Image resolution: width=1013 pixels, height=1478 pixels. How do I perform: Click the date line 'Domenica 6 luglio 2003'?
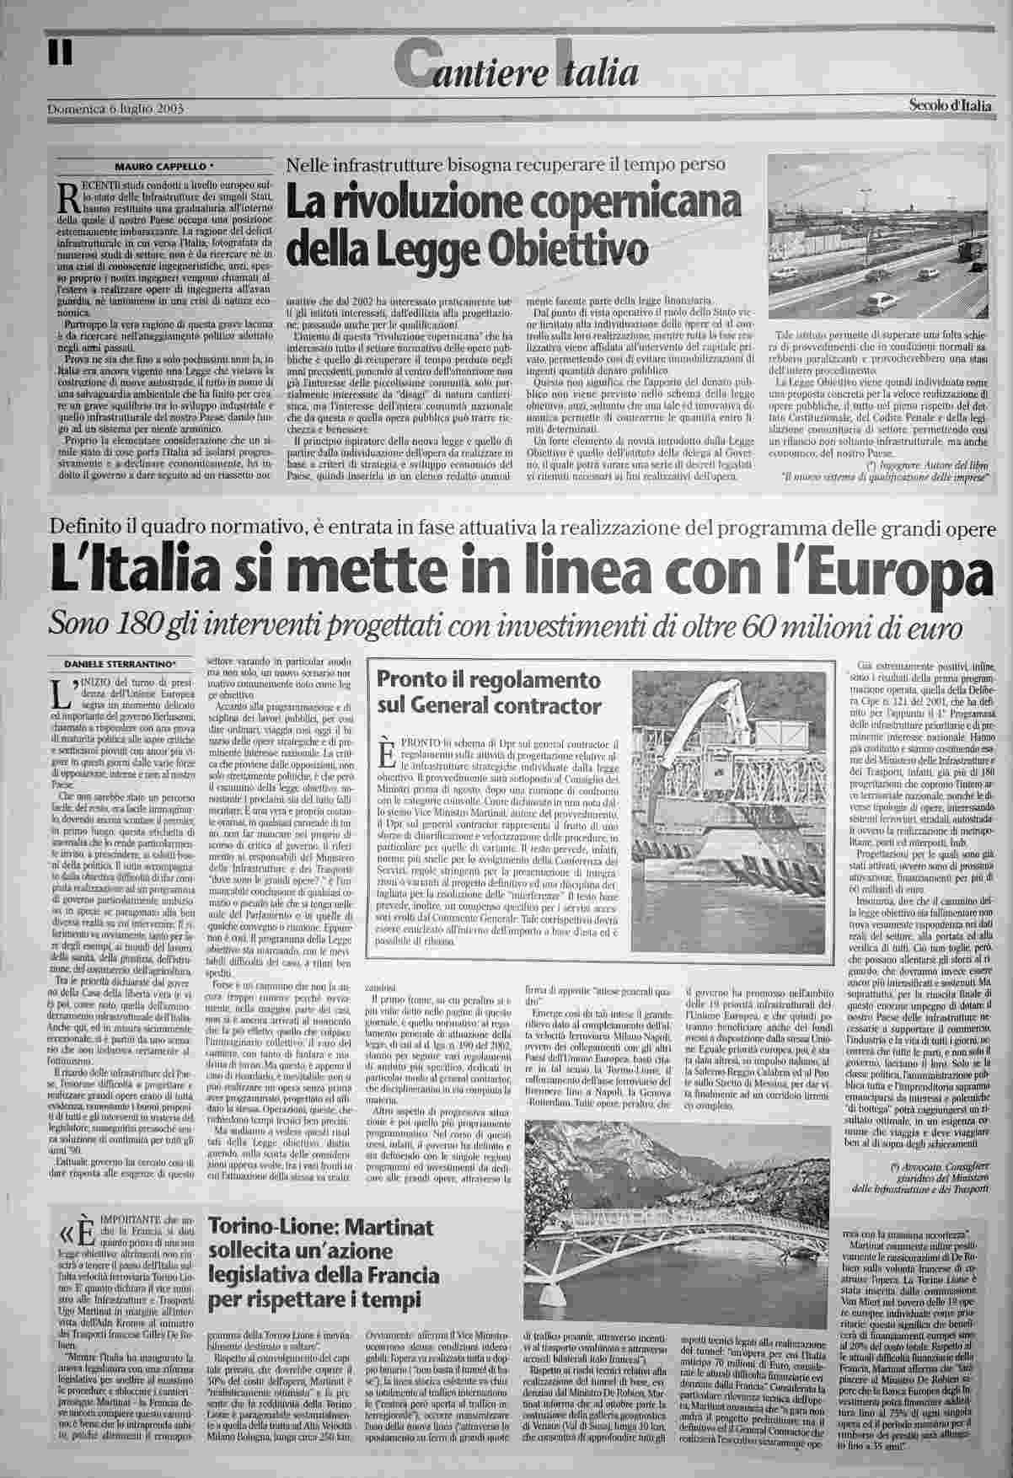click(x=116, y=109)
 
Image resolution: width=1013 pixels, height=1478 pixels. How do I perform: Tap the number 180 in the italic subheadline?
click(x=140, y=624)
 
